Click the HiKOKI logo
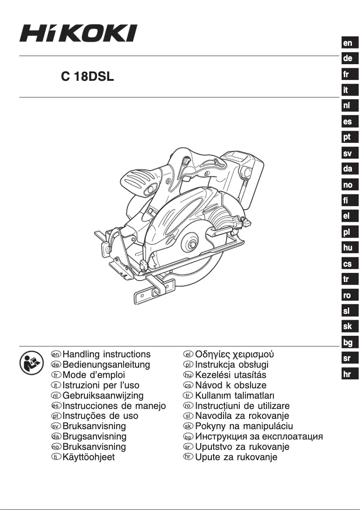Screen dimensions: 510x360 tap(78, 33)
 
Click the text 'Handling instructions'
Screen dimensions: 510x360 tap(106, 355)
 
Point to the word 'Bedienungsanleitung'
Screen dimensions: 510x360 tap(106, 365)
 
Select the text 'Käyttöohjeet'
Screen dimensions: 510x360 tap(88, 457)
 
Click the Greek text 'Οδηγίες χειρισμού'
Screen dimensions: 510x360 tap(234, 354)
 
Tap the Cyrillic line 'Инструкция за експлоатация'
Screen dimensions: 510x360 tap(259, 436)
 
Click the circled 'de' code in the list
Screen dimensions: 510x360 tap(56, 365)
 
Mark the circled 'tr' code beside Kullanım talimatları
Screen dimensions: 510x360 tap(189, 396)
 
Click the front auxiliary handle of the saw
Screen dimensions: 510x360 tap(139, 179)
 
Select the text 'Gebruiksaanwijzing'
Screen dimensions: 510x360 tap(103, 396)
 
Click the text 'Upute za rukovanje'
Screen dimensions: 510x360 tap(236, 457)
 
